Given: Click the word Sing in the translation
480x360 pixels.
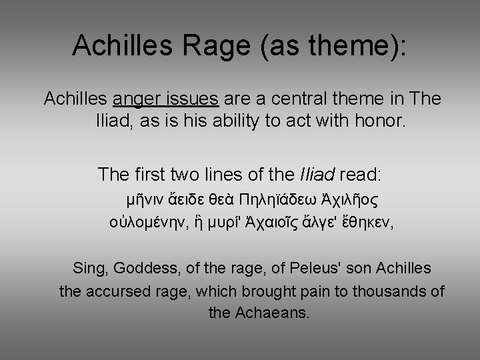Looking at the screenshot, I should [89, 269].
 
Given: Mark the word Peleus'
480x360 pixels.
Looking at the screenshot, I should [301, 269].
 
